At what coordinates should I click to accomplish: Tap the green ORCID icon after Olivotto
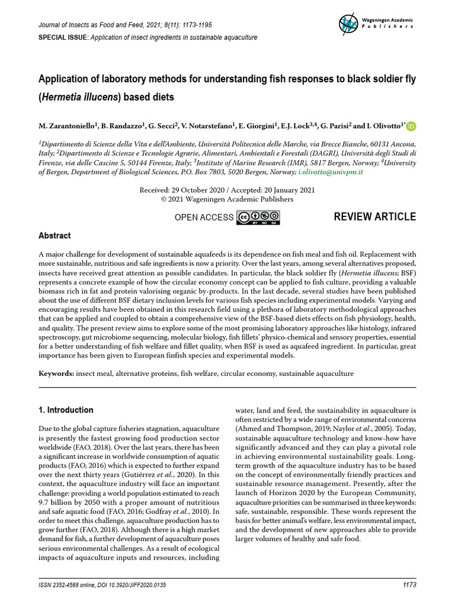[411, 126]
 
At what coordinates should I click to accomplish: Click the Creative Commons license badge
[258, 218]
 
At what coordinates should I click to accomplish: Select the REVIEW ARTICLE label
[374, 216]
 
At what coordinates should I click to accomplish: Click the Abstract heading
[55, 235]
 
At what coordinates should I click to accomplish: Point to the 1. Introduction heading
[66, 410]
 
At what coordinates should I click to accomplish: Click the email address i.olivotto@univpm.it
[331, 171]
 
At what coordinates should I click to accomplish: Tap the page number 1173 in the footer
[409, 584]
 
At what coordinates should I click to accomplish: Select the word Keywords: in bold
[56, 373]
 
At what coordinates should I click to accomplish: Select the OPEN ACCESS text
[204, 218]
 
